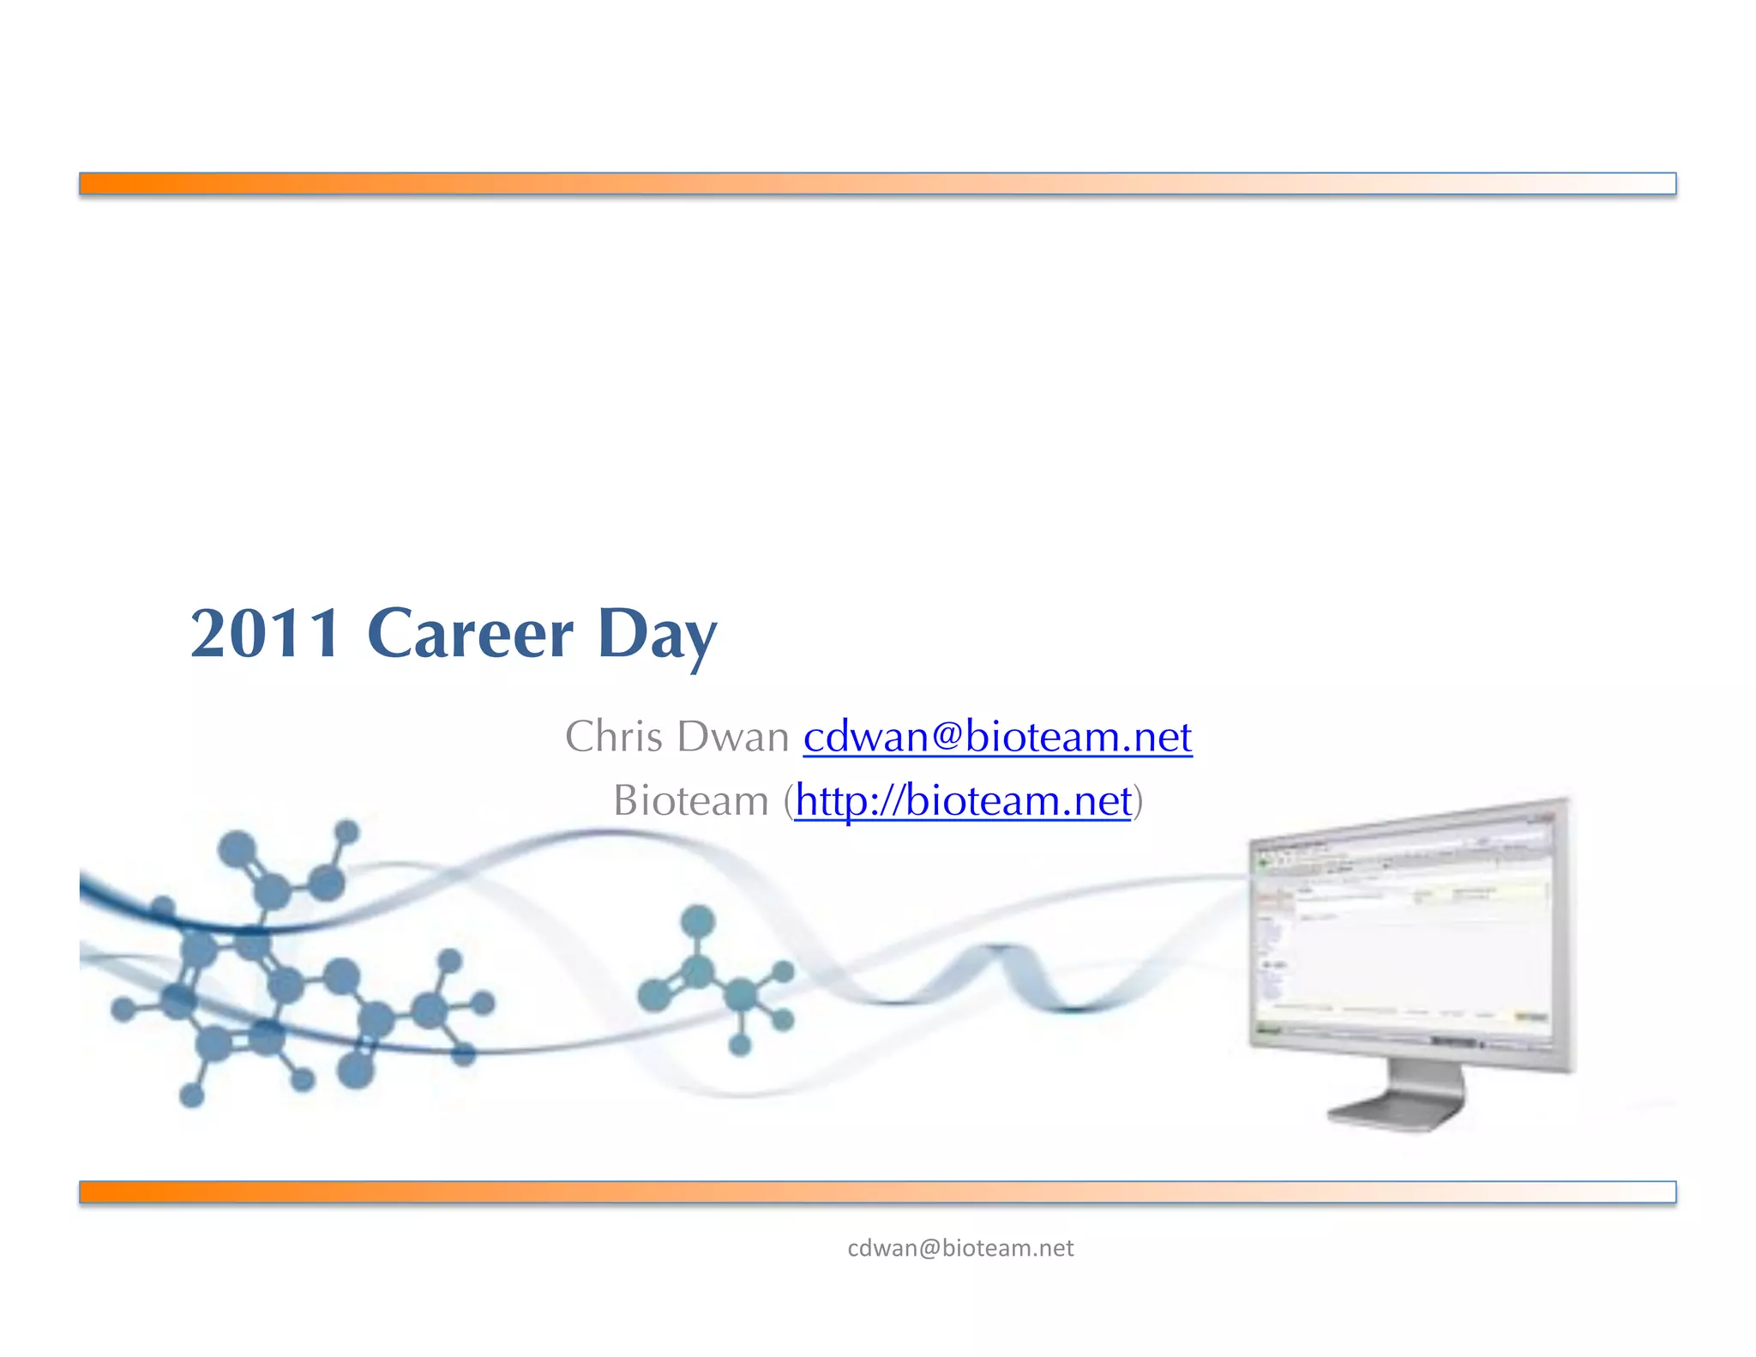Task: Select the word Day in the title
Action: [657, 635]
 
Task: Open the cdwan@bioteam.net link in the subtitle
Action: [997, 736]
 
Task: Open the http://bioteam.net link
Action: [962, 800]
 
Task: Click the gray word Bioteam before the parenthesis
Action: [690, 800]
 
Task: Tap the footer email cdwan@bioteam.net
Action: [959, 1248]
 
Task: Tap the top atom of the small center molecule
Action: [697, 921]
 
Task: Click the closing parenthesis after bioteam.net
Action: [1138, 801]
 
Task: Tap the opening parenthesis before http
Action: [788, 801]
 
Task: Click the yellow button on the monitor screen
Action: [1530, 1016]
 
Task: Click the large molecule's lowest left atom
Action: [191, 1095]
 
